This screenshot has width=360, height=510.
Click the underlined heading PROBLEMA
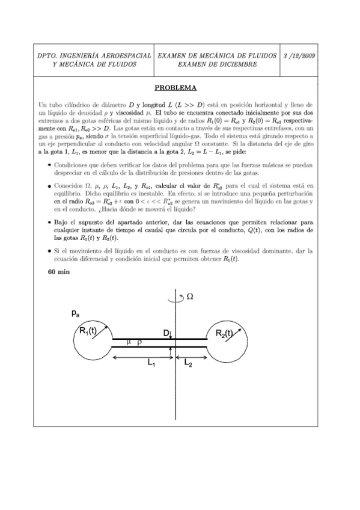(180, 87)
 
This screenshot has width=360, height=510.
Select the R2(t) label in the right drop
(230, 334)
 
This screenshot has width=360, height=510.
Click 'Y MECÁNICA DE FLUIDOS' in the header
(94, 64)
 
